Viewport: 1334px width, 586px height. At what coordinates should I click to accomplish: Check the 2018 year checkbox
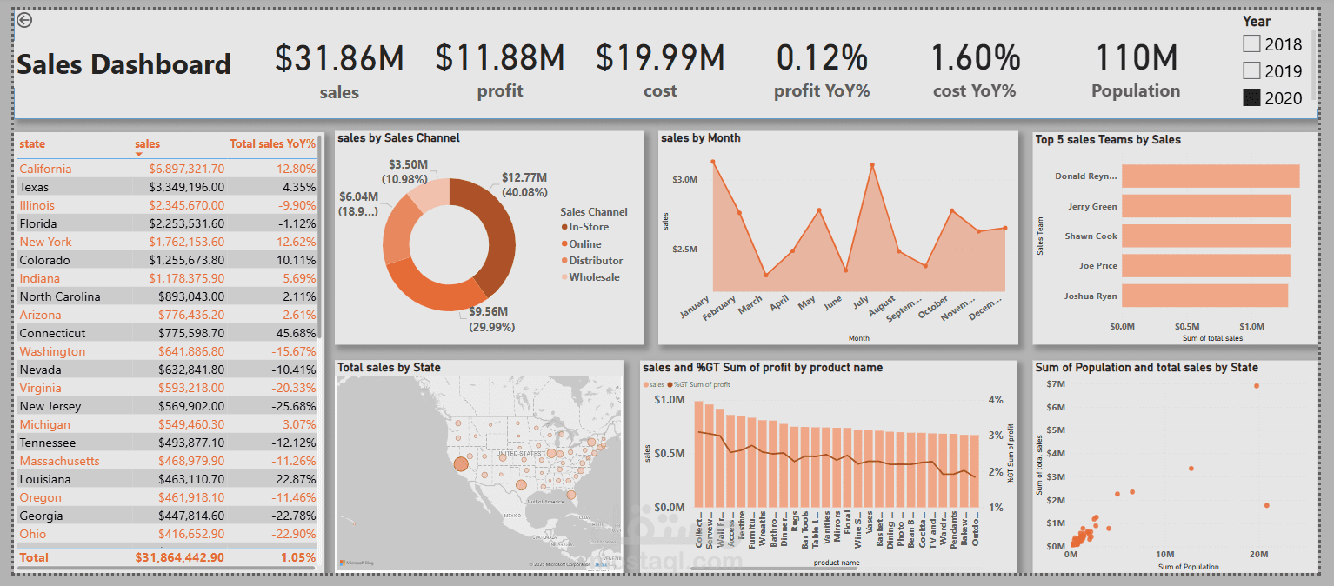tap(1251, 43)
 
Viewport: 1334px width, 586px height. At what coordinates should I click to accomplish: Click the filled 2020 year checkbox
tap(1251, 97)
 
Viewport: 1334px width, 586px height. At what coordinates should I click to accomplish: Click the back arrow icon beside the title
tap(24, 20)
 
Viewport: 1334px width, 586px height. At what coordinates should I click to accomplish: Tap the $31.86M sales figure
tap(339, 58)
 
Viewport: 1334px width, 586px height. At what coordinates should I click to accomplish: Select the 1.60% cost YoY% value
tap(975, 58)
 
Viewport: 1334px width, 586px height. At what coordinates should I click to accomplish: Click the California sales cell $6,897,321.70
tap(186, 169)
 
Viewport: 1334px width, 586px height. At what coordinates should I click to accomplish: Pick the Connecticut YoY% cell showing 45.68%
tap(294, 333)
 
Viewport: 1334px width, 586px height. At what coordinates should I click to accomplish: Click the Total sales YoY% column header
tap(272, 143)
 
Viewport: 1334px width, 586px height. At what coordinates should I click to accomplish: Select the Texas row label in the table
tap(34, 187)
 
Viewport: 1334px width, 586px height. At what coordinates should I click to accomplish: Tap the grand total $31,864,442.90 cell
tap(179, 557)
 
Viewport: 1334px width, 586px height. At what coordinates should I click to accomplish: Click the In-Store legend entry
tap(589, 227)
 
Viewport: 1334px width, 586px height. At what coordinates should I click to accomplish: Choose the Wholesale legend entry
tap(594, 277)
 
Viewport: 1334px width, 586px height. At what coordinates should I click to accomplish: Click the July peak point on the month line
tap(871, 164)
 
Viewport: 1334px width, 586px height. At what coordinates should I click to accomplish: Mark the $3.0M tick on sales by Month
tap(685, 179)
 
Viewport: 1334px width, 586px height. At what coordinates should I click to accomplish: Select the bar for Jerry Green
tap(1205, 206)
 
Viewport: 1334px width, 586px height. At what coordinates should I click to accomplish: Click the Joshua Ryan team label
tap(1090, 296)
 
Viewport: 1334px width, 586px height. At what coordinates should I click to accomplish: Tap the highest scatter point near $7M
tap(1256, 385)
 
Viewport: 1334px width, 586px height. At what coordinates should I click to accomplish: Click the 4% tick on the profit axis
tap(996, 400)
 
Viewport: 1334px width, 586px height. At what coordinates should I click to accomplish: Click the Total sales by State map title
tap(389, 368)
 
